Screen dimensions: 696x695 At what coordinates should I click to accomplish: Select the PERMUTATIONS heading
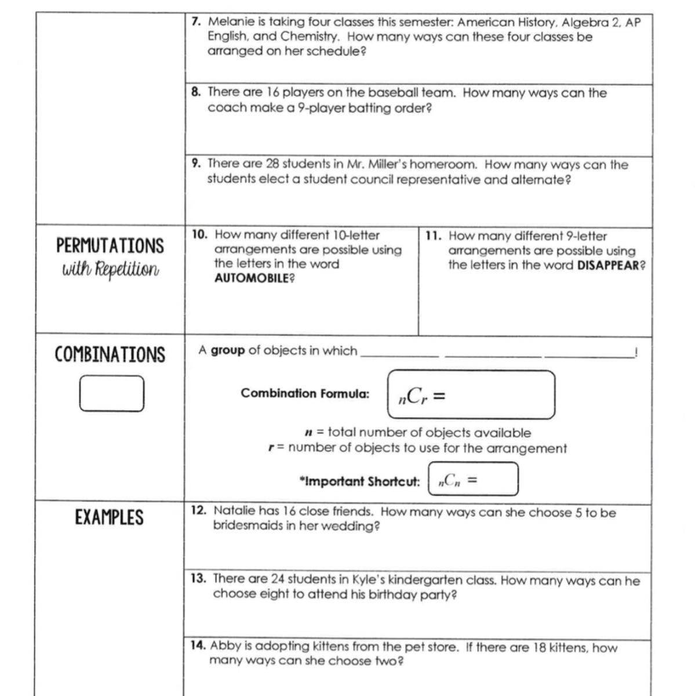coord(110,246)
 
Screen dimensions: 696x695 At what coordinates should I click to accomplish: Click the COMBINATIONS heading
coord(110,354)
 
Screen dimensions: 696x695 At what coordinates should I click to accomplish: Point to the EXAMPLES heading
coord(109,517)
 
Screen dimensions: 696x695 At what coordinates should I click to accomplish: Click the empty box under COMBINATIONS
coord(112,393)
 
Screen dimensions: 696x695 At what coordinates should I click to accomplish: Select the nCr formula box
coord(471,395)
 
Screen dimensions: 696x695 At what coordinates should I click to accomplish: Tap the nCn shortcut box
coord(473,479)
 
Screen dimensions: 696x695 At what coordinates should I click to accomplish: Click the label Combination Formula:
coord(305,393)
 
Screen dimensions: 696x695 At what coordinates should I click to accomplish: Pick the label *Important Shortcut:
coord(359,481)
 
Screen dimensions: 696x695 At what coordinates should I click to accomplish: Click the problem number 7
coord(197,22)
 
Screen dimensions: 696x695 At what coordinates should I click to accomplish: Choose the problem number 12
coord(199,510)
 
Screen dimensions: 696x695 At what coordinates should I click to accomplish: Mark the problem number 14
coord(198,646)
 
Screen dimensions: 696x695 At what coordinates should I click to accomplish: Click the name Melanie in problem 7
coord(231,22)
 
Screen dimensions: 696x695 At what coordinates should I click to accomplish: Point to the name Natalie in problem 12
coord(234,511)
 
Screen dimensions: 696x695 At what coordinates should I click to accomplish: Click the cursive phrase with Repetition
coord(110,270)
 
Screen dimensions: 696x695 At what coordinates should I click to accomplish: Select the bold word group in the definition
coord(228,351)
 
